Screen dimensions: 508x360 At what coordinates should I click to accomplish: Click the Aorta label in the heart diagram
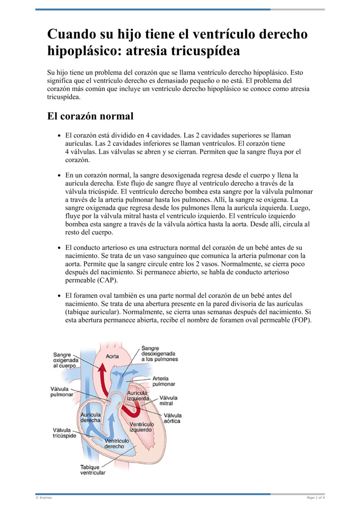pos(112,356)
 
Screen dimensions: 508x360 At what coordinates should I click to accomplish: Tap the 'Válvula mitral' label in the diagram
pos(169,401)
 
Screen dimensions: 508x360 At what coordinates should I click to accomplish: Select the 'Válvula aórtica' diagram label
pos(172,418)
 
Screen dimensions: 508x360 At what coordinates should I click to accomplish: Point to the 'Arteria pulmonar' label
pos(164,381)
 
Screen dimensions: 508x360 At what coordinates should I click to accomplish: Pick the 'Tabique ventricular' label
pos(93,470)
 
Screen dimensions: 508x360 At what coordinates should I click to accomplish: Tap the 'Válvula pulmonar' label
pos(61,392)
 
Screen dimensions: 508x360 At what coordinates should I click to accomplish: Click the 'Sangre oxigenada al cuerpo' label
pos(64,360)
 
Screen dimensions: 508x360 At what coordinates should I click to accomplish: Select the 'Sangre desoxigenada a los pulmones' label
pos(159,353)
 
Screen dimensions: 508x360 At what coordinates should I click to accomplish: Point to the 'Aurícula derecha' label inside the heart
pos(90,417)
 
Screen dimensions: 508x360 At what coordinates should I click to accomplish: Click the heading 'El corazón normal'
pos(90,116)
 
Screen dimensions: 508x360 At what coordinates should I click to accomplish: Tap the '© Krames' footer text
pos(44,498)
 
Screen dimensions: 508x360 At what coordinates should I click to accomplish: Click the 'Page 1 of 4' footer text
pos(315,498)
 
